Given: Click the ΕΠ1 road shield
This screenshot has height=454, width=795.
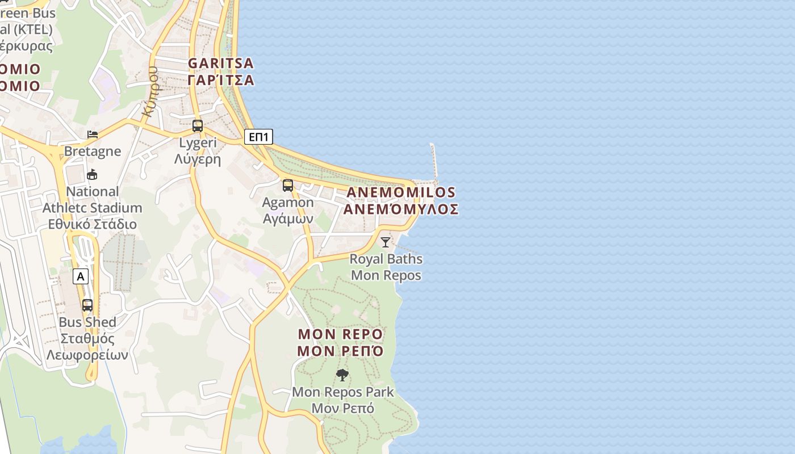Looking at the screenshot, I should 258,137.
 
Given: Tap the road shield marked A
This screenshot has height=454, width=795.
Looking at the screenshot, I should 81,276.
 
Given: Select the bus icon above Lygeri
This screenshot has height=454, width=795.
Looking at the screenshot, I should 198,126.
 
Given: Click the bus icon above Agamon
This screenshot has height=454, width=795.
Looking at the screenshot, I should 288,186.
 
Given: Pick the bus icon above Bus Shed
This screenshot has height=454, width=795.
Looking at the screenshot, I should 87,305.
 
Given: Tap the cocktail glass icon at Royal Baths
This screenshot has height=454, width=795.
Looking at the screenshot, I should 386,242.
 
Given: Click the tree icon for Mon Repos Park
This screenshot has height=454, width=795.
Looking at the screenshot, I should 342,375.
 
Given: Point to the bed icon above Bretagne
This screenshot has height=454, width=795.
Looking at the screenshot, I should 92,134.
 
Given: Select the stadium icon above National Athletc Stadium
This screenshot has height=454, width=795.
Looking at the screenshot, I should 92,174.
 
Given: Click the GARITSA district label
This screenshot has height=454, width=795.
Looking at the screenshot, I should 221,63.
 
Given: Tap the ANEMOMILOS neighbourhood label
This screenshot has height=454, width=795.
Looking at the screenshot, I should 401,192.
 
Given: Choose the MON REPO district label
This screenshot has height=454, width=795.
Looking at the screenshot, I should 341,334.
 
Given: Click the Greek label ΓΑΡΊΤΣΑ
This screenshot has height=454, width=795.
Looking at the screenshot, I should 221,80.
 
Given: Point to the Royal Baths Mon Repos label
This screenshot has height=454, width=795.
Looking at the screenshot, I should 386,267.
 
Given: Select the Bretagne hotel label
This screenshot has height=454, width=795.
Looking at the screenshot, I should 93,151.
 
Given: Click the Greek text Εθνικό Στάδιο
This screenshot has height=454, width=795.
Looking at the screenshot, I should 92,224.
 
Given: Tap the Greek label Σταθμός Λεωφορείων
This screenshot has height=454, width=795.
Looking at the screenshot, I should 87,347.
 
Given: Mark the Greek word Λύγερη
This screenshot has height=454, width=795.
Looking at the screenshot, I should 197,159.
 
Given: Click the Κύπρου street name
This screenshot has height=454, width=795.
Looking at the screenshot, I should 150,91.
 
